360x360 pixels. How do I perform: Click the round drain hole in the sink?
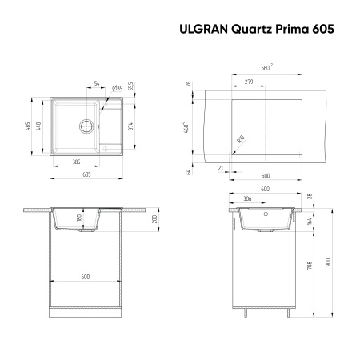click(x=84, y=126)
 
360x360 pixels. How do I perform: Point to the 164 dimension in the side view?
click(x=310, y=222)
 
